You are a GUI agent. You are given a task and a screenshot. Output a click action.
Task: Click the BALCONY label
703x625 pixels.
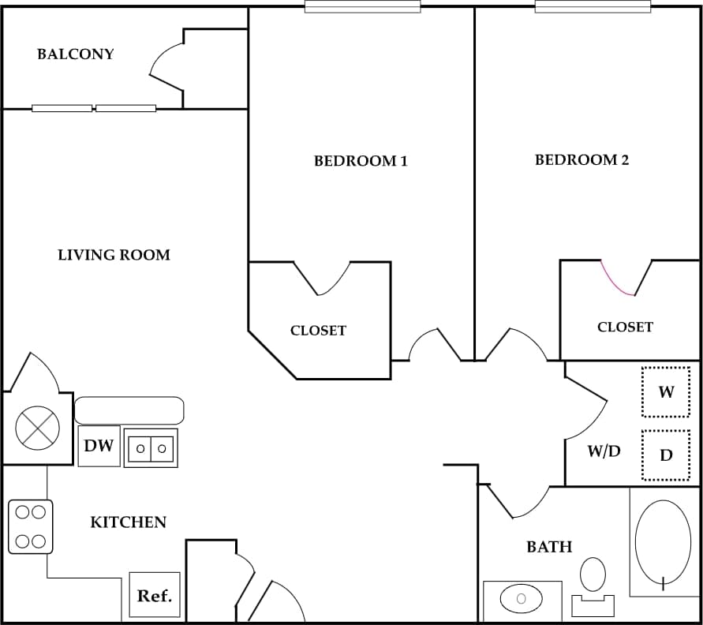point(76,54)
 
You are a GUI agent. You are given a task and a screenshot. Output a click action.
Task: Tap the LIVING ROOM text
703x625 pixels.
point(114,255)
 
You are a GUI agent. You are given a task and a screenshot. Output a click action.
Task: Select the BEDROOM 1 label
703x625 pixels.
point(361,161)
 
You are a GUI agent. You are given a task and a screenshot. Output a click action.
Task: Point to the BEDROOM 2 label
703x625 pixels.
point(581,160)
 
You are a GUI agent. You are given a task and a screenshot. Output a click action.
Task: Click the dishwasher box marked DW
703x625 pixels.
point(99,446)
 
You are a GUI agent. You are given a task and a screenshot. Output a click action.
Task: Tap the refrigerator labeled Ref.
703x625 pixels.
point(155,596)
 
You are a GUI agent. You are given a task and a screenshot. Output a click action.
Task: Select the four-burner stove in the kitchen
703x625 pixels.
point(30,526)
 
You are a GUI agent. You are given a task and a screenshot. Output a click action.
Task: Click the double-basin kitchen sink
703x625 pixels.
point(151,448)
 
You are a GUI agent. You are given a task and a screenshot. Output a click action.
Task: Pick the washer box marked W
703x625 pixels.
point(666,391)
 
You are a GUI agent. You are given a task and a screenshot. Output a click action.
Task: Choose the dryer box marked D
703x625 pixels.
point(666,455)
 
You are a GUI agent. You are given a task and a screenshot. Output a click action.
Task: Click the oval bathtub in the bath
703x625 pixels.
point(663,543)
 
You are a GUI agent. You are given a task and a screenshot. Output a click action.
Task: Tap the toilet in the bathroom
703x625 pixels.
point(593,584)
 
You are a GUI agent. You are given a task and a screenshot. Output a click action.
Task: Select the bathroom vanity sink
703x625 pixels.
point(521,600)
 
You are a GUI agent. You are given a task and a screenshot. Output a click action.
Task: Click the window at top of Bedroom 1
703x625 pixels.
point(362,7)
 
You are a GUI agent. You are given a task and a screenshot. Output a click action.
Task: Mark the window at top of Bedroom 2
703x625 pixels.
point(593,7)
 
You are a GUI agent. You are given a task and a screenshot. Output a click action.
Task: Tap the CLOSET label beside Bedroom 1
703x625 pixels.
point(318,331)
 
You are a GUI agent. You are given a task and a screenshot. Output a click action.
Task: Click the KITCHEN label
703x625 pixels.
point(128,522)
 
